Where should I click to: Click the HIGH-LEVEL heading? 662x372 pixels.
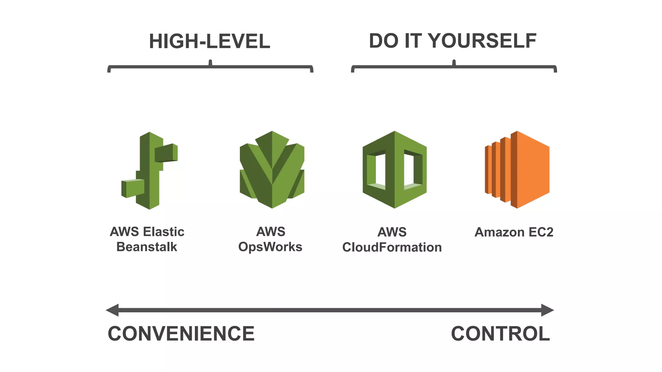209,42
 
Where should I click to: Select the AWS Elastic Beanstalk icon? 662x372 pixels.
150,170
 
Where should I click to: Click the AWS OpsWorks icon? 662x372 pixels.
272,170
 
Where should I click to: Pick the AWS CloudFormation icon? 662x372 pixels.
394,170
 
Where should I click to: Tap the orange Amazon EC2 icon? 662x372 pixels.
517,170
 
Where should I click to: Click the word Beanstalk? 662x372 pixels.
147,247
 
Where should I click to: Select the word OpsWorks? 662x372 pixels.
270,247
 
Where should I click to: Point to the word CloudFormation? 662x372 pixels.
392,247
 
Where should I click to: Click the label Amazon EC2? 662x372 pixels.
514,232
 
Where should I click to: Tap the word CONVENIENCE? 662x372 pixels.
181,334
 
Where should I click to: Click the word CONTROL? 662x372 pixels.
500,334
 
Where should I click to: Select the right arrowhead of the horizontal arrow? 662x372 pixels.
548,310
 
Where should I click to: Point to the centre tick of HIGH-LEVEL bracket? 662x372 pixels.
210,63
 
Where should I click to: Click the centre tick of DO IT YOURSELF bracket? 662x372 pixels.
454,63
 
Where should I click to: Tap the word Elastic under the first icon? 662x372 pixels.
164,232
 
